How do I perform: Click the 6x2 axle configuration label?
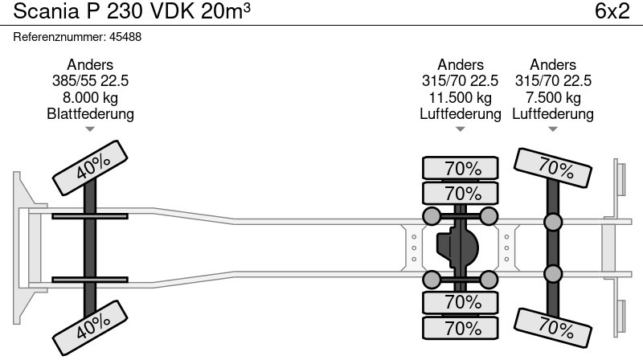coord(612,11)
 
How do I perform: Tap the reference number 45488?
coord(125,37)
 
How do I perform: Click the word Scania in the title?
coord(47,11)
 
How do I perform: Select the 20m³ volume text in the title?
coord(226,11)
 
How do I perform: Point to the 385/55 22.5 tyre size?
coord(90,81)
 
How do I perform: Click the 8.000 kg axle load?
coord(90,97)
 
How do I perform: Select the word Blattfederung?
coord(90,113)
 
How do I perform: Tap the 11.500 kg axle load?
coord(460,97)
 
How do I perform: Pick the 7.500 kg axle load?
coord(553,97)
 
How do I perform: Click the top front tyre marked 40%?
coord(90,168)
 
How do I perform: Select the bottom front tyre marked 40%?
coord(90,328)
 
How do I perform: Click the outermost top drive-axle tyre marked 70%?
coord(460,168)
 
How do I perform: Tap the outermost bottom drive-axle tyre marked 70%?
coord(460,328)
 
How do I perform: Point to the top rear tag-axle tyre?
coord(553,168)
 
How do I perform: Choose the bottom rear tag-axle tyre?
coord(553,328)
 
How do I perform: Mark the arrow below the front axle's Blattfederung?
coord(90,129)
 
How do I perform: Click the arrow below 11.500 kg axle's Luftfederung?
coord(460,129)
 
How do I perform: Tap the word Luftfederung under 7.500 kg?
coord(553,113)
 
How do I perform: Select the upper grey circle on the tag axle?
coord(553,222)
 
